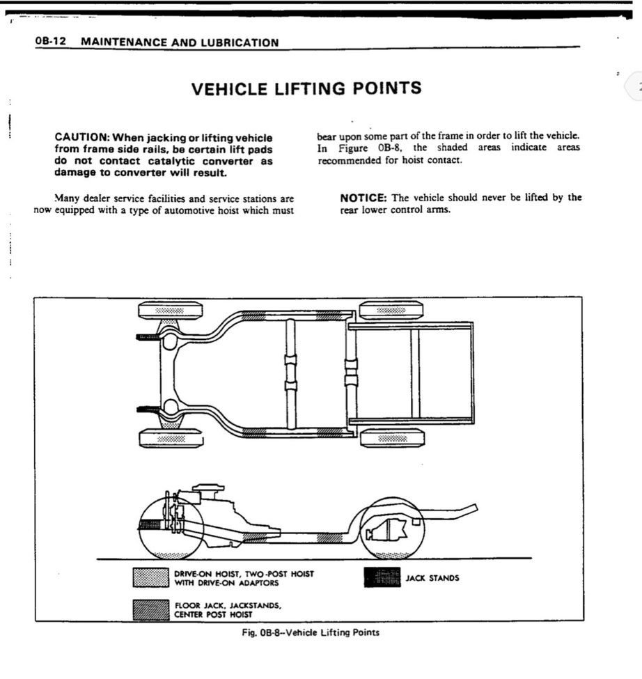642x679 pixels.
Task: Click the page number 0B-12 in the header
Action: (49, 42)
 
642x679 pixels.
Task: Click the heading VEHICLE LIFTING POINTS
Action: (306, 88)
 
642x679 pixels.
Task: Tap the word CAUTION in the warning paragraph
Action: (81, 138)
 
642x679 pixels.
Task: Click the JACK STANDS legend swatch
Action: (382, 577)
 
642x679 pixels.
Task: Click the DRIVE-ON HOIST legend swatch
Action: (150, 577)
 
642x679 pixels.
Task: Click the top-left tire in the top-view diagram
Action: (171, 310)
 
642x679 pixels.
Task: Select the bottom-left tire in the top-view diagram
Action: (171, 438)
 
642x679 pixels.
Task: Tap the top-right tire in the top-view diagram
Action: (391, 310)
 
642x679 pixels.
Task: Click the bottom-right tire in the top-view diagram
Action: (392, 437)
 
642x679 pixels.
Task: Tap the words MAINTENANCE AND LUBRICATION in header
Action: (180, 42)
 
